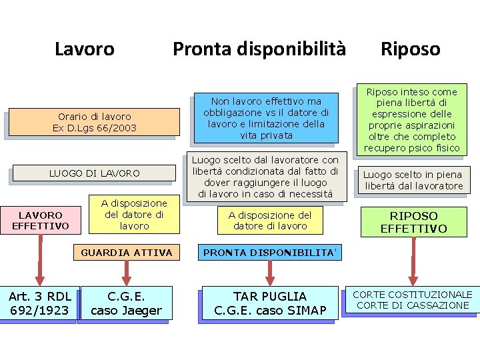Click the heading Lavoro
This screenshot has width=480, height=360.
(84, 49)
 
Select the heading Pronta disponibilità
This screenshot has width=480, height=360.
(259, 49)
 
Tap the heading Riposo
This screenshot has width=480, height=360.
(410, 49)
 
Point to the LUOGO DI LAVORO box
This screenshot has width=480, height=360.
(94, 173)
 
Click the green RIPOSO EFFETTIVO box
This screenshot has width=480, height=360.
(413, 222)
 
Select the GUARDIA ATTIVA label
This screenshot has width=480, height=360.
(126, 253)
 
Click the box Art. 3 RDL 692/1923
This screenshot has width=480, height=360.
(40, 303)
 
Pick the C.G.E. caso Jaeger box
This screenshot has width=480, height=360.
(126, 303)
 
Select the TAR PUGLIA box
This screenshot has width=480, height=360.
(269, 303)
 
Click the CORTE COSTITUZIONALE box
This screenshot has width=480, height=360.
(412, 300)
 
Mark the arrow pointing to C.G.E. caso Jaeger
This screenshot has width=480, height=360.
(126, 272)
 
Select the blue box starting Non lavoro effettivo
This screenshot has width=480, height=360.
(266, 118)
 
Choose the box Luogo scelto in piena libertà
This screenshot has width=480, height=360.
(413, 180)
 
